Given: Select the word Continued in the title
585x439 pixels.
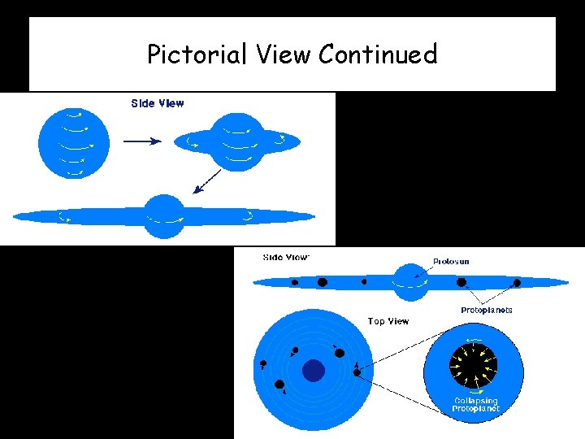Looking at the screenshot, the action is click(378, 54).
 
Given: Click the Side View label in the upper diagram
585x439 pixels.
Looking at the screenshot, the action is click(158, 103).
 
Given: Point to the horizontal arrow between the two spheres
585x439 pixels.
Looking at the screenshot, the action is click(142, 141).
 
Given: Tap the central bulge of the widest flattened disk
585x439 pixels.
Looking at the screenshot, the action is click(164, 216).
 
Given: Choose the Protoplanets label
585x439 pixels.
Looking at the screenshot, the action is click(487, 310).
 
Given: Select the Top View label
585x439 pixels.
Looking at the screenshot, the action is click(388, 321).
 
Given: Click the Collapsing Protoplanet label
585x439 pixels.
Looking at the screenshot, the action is click(476, 405).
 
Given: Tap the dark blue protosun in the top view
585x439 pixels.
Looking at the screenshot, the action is click(314, 371).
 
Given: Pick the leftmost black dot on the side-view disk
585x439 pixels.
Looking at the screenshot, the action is click(294, 283).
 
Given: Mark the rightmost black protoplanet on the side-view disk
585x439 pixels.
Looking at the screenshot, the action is click(517, 283).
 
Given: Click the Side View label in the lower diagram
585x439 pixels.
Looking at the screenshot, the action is click(286, 258).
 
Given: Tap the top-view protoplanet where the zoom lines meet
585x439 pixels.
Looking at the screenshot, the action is click(357, 372).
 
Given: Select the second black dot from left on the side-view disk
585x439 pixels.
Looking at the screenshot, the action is click(322, 282).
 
